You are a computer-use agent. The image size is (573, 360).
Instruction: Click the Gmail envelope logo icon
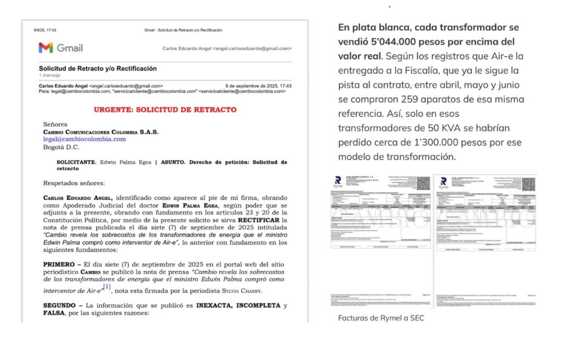click(x=46, y=48)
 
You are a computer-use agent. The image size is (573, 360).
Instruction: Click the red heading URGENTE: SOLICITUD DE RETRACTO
click(x=165, y=110)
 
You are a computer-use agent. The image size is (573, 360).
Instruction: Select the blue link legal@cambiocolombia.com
click(x=84, y=139)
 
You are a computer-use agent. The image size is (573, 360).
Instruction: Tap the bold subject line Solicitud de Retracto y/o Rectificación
click(x=98, y=68)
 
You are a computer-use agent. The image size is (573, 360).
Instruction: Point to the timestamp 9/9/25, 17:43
click(x=45, y=30)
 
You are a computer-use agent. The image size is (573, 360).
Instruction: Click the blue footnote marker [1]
click(x=107, y=287)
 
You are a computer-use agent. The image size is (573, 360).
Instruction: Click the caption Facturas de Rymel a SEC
click(x=381, y=318)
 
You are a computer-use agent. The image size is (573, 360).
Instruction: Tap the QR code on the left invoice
click(x=423, y=183)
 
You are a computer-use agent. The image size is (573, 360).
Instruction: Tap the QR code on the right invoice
click(x=528, y=183)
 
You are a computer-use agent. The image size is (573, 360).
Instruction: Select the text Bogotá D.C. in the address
click(x=62, y=147)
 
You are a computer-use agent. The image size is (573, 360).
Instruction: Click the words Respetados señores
click(x=73, y=183)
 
